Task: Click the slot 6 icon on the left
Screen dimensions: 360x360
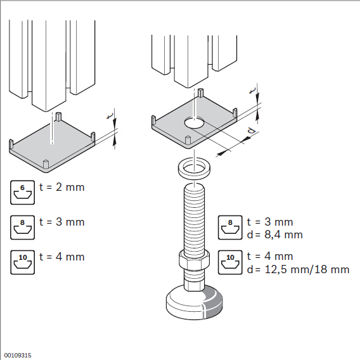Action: (23, 193)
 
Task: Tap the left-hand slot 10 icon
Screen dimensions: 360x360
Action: (23, 262)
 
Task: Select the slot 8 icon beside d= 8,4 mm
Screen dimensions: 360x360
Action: (230, 228)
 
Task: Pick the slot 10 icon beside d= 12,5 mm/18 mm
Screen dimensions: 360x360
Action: (230, 262)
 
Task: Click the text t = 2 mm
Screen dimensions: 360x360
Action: (62, 187)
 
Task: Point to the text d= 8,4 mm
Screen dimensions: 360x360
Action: (275, 235)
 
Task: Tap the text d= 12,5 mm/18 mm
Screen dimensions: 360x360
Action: (298, 269)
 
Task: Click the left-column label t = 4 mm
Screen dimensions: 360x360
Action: (62, 257)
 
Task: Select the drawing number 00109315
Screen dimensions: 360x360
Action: (18, 356)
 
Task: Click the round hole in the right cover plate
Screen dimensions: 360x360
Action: (195, 123)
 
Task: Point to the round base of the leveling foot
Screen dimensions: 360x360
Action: (194, 303)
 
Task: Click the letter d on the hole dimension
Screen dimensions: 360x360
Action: (252, 131)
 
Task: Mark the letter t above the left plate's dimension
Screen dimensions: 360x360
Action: (110, 116)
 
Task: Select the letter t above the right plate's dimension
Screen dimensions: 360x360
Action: (252, 91)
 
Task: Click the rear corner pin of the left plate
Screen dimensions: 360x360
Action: (59, 117)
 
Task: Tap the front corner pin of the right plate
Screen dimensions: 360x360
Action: (188, 141)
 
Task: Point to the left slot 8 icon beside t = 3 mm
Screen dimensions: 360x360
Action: (23, 228)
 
